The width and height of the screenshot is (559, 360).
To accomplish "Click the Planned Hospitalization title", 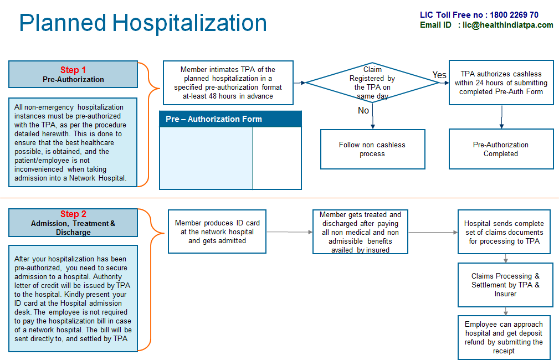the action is pyautogui.click(x=143, y=23).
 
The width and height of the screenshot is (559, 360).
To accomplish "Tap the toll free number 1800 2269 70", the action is pyautogui.click(x=514, y=15).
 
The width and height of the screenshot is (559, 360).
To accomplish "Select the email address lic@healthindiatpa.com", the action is pyautogui.click(x=508, y=25).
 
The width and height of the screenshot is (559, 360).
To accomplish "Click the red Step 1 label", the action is pyautogui.click(x=73, y=70).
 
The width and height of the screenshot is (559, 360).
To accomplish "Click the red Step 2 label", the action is pyautogui.click(x=73, y=214).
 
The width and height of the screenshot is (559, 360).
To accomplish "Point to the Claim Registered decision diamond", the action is pyautogui.click(x=372, y=83).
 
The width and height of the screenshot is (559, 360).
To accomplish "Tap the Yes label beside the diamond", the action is pyautogui.click(x=439, y=75).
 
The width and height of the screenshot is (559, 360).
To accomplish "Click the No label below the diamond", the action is pyautogui.click(x=363, y=111).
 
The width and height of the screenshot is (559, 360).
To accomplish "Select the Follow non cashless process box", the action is pyautogui.click(x=372, y=149).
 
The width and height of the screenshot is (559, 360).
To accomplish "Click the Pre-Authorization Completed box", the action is pyautogui.click(x=501, y=149).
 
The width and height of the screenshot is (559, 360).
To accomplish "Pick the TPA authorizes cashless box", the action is pyautogui.click(x=501, y=83).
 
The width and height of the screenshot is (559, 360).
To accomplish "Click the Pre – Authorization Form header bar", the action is pyautogui.click(x=230, y=119).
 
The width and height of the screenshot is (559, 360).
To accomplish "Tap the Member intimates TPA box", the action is pyautogui.click(x=228, y=83).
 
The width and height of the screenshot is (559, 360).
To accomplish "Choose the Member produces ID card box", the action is pyautogui.click(x=217, y=232).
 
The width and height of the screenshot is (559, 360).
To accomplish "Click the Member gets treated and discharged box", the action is pyautogui.click(x=360, y=232).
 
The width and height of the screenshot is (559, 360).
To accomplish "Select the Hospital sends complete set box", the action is pyautogui.click(x=504, y=232).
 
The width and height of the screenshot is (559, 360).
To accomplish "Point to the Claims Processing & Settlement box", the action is pyautogui.click(x=505, y=285).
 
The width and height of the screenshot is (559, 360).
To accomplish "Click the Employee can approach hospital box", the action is pyautogui.click(x=504, y=337).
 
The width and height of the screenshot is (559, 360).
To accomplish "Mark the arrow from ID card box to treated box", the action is pyautogui.click(x=290, y=232).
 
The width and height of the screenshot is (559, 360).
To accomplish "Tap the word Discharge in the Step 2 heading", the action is pyautogui.click(x=73, y=233).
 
